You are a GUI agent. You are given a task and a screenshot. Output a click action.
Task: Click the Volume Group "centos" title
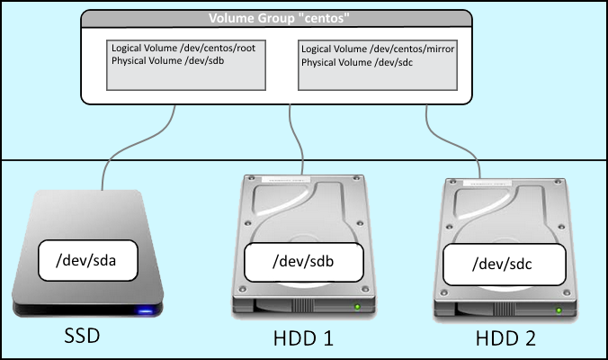point(279,18)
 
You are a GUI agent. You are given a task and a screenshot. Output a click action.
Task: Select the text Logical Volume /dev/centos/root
point(183,48)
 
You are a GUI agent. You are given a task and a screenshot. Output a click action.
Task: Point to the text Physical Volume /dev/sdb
point(167,60)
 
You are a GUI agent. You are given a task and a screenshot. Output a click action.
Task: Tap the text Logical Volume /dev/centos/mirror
point(378,49)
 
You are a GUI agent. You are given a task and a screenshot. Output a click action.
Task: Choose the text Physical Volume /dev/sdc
point(357,62)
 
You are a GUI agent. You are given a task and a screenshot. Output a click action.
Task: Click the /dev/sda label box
point(88,260)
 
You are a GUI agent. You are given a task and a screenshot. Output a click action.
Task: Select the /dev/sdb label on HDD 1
point(304,262)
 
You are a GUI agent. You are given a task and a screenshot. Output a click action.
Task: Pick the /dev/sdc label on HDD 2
point(504,265)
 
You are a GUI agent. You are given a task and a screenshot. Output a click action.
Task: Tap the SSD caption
point(82,336)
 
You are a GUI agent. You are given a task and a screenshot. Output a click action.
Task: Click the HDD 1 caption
point(303,338)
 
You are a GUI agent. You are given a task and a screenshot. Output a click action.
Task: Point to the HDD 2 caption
point(505,338)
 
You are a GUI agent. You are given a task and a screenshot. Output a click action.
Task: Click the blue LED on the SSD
point(145,310)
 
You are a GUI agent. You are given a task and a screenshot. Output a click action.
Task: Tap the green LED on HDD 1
point(357,307)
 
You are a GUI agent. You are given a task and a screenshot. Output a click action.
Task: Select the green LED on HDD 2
point(559,310)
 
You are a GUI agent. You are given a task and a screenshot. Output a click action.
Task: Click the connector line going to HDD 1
point(296,139)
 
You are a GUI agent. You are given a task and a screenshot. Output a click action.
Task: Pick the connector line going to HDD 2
point(450,143)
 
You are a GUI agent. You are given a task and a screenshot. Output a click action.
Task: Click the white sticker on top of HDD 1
point(286,180)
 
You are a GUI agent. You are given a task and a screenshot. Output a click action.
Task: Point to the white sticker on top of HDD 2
point(487,183)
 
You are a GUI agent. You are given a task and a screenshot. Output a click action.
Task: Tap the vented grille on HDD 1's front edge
point(302,306)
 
